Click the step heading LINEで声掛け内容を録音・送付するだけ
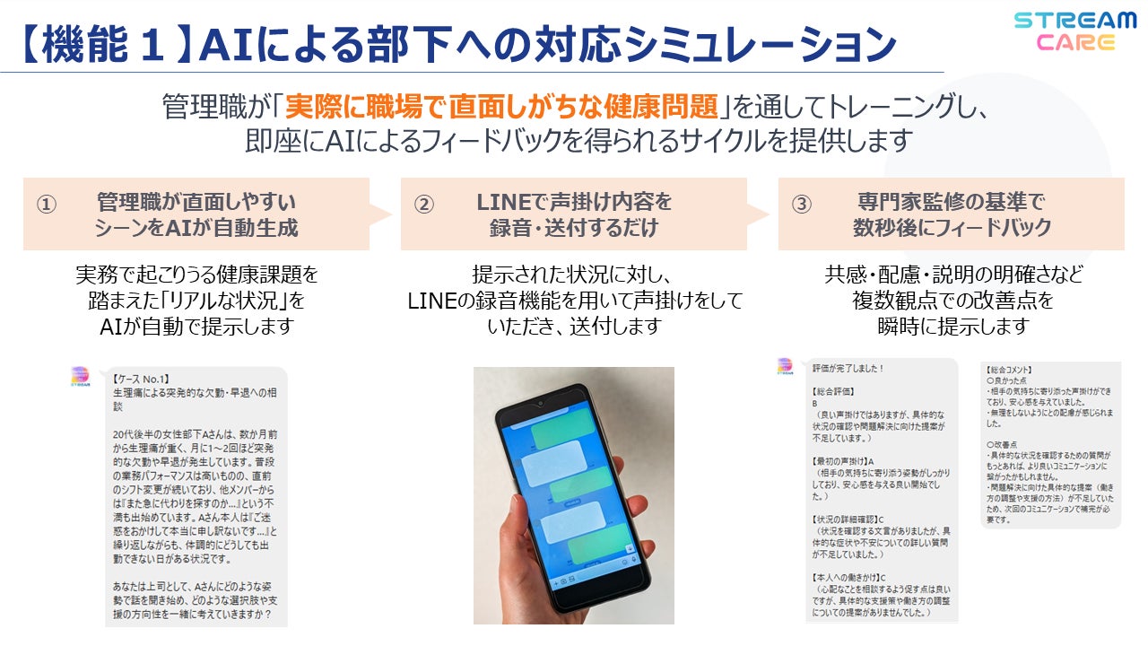pos(574,214)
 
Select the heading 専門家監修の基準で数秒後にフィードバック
pos(952,214)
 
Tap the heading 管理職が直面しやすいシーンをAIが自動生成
pos(196,214)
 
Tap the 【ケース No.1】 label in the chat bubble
pos(142,379)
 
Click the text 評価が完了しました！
pos(848,369)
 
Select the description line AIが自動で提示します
pos(196,325)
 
